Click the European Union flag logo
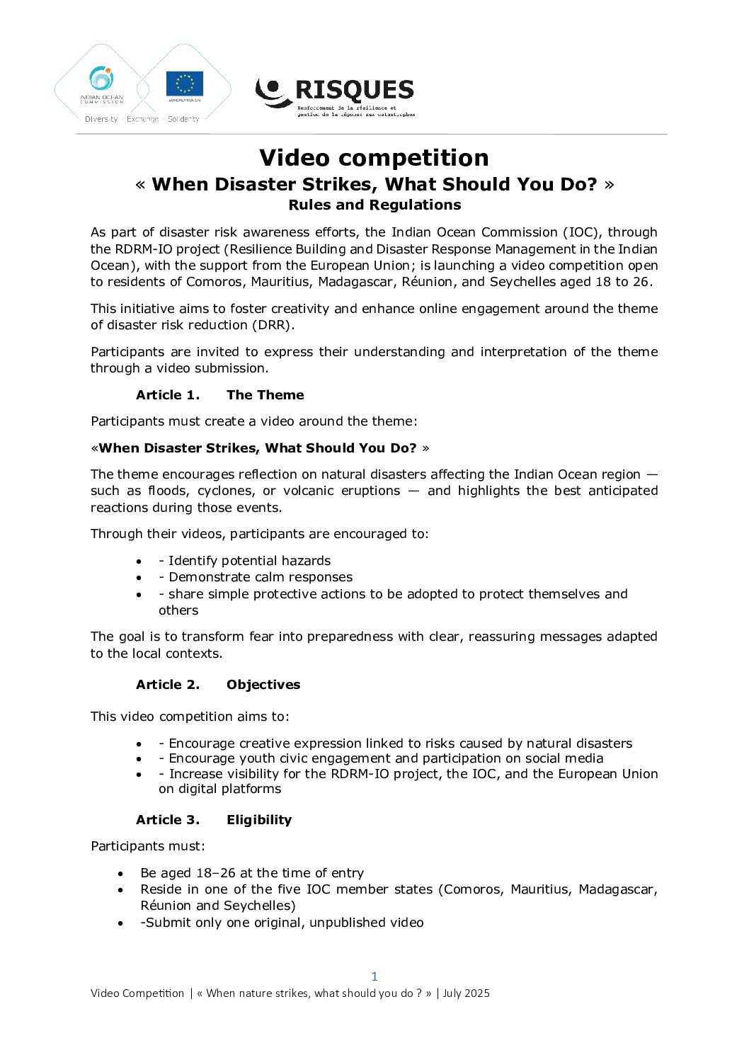point(184,84)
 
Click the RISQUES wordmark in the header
point(354,90)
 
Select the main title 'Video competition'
point(374,157)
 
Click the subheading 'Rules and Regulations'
point(374,205)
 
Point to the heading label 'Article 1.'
point(168,395)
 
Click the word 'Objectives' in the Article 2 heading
point(263,685)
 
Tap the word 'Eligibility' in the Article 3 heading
point(259,820)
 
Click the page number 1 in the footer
point(374,976)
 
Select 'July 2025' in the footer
point(467,993)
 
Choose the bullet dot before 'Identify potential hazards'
point(139,562)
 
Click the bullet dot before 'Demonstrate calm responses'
point(139,578)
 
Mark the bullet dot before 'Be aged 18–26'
point(121,874)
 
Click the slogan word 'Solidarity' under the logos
point(183,119)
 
